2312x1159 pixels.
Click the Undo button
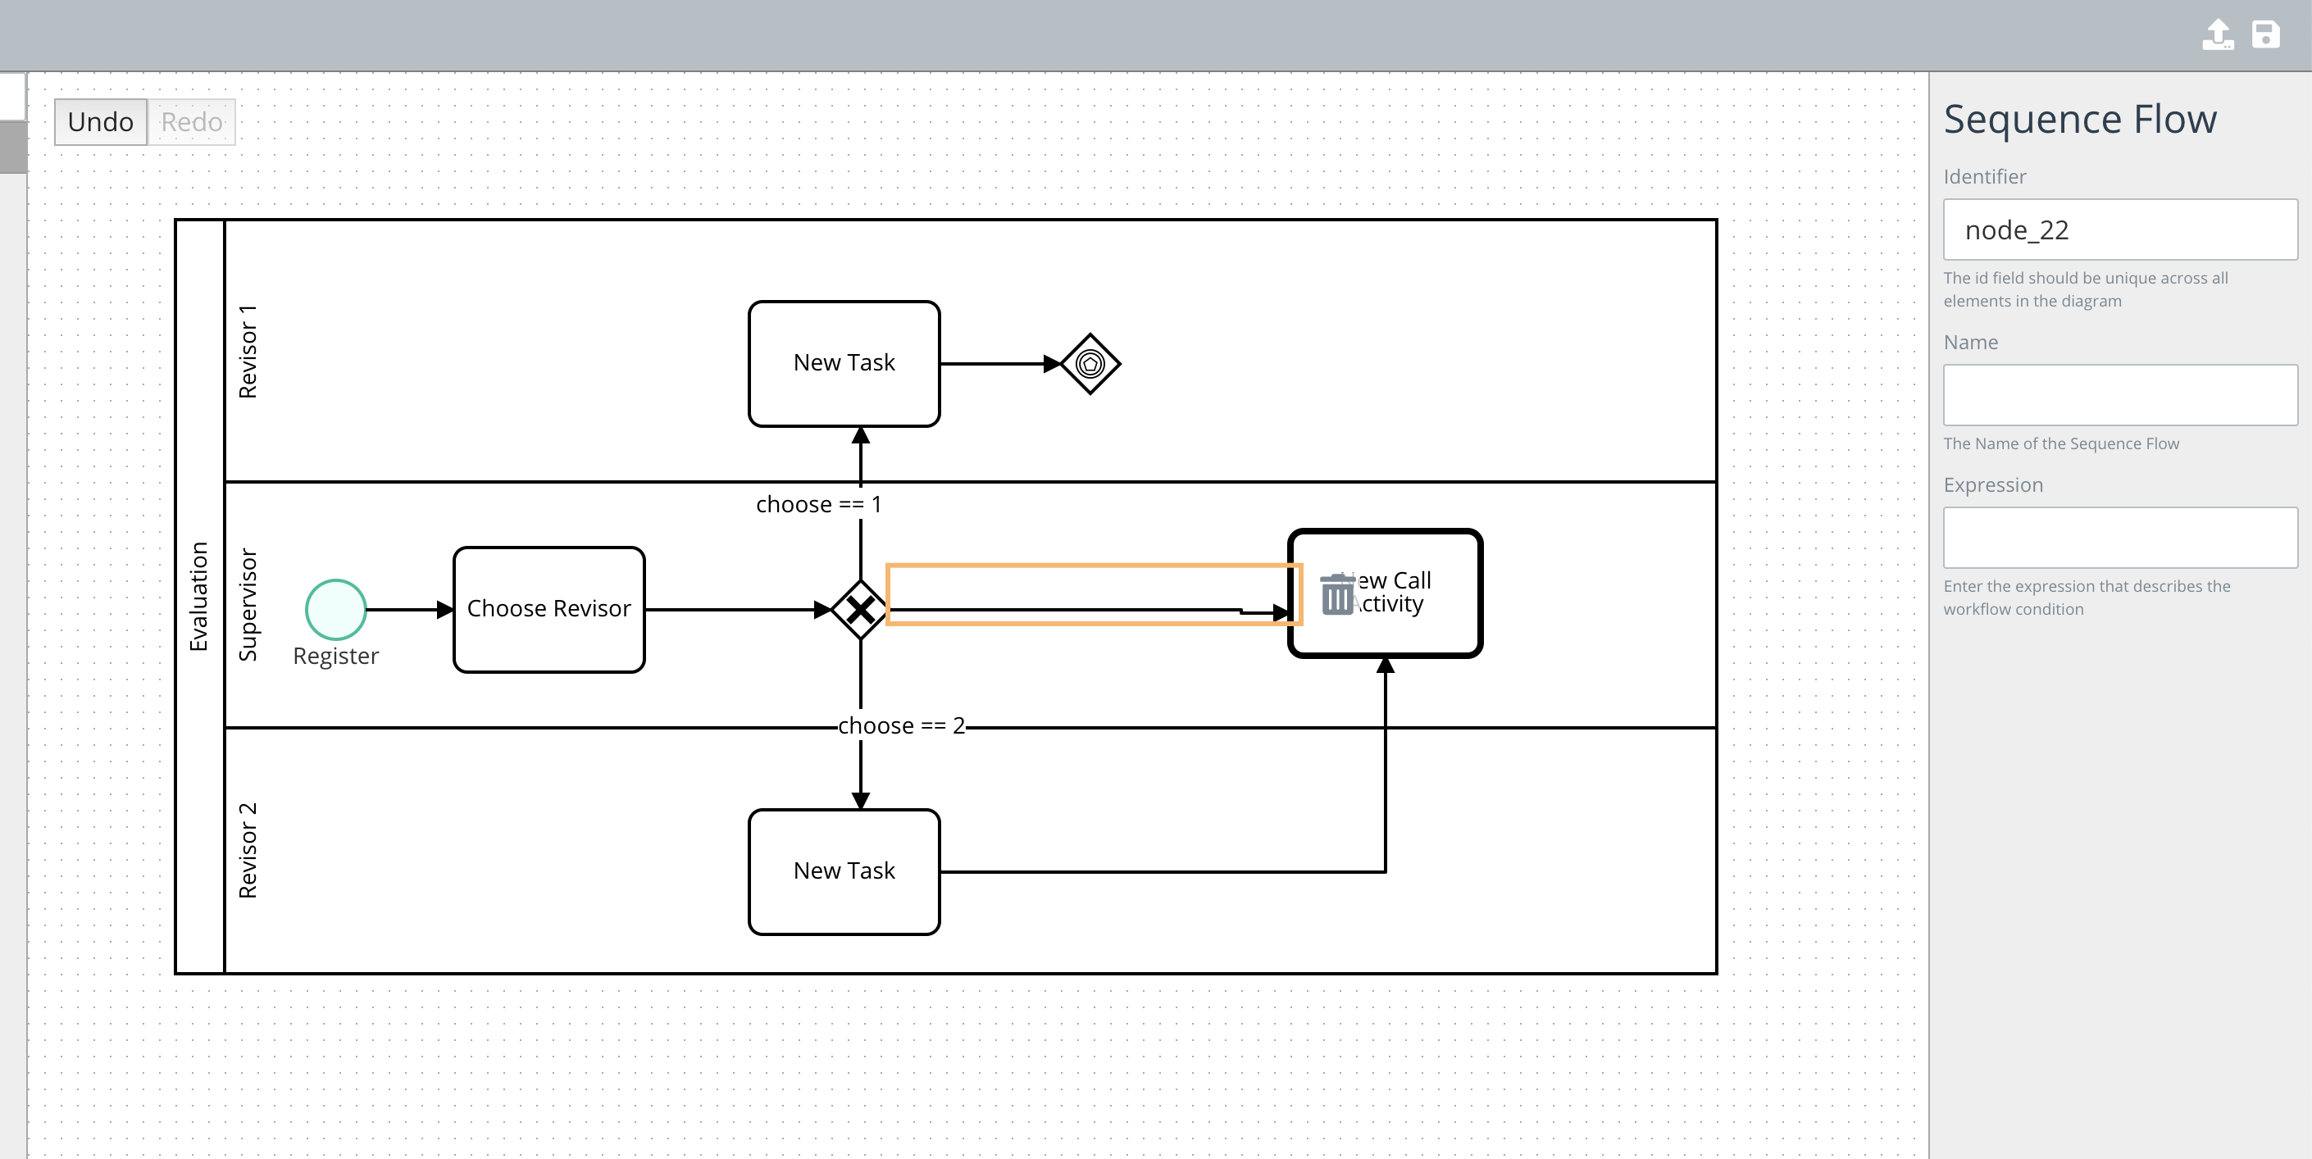coord(101,122)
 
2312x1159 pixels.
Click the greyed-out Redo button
coord(191,122)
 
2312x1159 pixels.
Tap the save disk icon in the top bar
coord(2265,35)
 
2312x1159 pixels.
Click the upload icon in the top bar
coord(2217,35)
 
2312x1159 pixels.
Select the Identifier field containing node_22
coord(2119,230)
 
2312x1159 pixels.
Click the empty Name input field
coord(2119,395)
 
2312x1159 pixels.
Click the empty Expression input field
coord(2119,538)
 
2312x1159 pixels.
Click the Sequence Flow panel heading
coord(2079,120)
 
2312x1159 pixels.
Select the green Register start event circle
coord(335,609)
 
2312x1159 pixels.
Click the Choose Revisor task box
coord(548,609)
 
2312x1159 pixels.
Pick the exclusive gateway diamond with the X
coord(860,610)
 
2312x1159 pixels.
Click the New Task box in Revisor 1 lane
coord(844,363)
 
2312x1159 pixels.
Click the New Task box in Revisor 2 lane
coord(844,871)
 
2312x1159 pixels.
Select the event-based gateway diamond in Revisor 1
coord(1090,363)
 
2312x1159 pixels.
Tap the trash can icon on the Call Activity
coord(1336,595)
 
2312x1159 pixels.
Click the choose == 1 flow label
coord(817,504)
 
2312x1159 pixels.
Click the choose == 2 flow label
coord(900,725)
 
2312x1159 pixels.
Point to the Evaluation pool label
coord(198,597)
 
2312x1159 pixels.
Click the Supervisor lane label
coord(248,605)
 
